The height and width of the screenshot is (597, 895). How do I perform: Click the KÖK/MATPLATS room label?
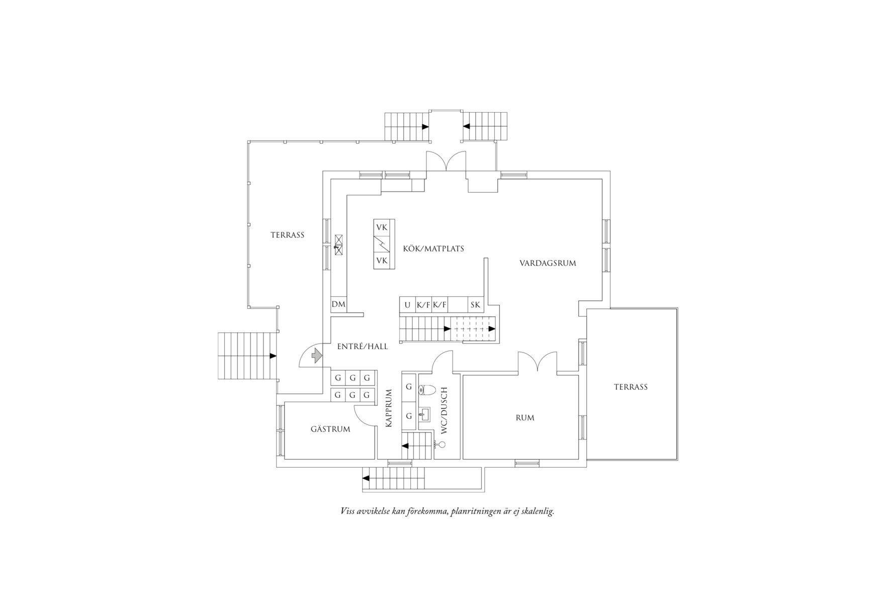point(433,248)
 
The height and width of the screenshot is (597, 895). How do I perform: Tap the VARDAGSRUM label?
point(548,263)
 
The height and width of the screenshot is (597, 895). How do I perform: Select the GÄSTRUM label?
point(330,429)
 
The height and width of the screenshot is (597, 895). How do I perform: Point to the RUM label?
point(524,417)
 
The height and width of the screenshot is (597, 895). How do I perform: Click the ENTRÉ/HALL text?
point(362,347)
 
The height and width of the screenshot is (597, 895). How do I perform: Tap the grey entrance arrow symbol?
point(316,356)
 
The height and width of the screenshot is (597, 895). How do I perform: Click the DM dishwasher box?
point(338,304)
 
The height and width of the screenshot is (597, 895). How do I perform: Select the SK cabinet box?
point(475,305)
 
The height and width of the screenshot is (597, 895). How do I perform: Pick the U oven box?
point(407,305)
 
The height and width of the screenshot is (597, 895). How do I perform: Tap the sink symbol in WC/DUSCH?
point(426,414)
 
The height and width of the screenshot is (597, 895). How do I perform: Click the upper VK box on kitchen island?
point(382,227)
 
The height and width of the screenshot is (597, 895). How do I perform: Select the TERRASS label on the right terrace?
point(631,387)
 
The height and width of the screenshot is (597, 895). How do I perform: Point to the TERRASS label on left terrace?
point(287,235)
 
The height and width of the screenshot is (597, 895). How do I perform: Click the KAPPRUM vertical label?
point(389,408)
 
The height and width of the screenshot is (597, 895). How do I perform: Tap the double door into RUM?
point(538,363)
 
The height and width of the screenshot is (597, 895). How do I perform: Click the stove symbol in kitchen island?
point(382,244)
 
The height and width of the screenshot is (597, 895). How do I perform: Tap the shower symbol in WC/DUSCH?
point(441,444)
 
